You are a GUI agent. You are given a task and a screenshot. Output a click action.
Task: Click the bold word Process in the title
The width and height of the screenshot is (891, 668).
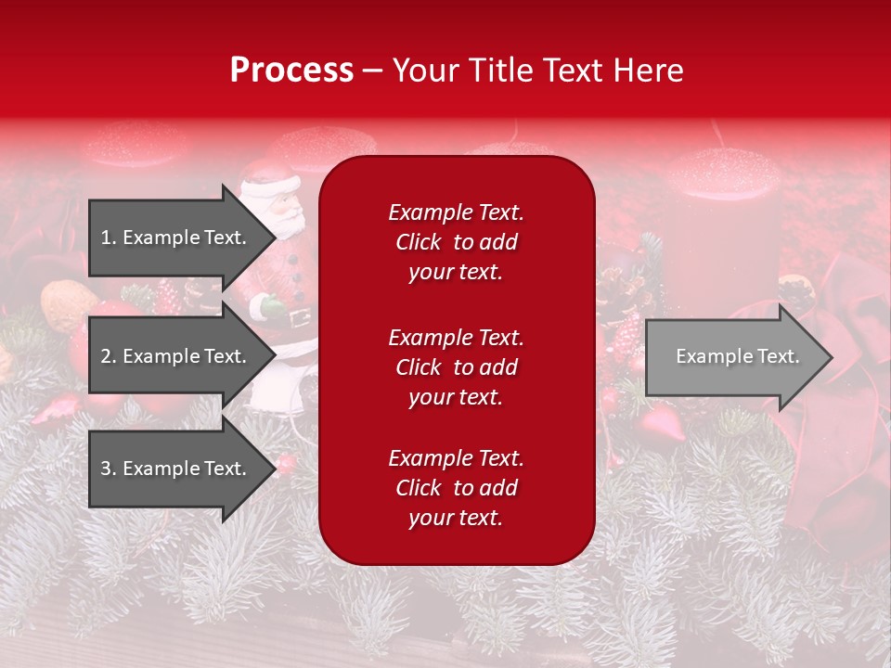tap(291, 71)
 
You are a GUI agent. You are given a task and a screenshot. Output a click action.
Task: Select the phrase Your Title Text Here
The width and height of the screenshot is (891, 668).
tap(537, 71)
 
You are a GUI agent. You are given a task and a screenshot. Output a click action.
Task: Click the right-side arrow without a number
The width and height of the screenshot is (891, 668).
tap(737, 356)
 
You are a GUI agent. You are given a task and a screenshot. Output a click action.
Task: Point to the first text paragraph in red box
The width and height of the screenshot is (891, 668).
tap(456, 242)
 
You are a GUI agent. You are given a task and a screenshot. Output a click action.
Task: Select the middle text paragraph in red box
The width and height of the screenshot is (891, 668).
tap(456, 366)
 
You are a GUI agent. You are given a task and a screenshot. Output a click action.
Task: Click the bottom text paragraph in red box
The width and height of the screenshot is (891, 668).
tap(456, 488)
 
